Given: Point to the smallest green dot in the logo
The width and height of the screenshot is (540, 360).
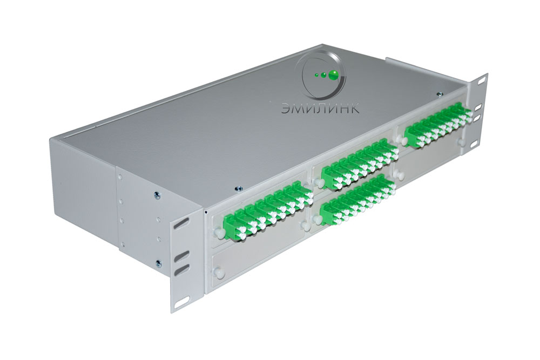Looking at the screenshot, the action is [x=316, y=75].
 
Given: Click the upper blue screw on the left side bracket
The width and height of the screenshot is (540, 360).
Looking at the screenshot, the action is [x=157, y=195].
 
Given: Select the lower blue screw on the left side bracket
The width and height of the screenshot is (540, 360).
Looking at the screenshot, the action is [x=158, y=264].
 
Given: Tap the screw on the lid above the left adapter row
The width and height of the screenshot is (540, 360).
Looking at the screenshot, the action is [x=238, y=188].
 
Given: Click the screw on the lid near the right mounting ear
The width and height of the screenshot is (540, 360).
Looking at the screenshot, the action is [x=438, y=93].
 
